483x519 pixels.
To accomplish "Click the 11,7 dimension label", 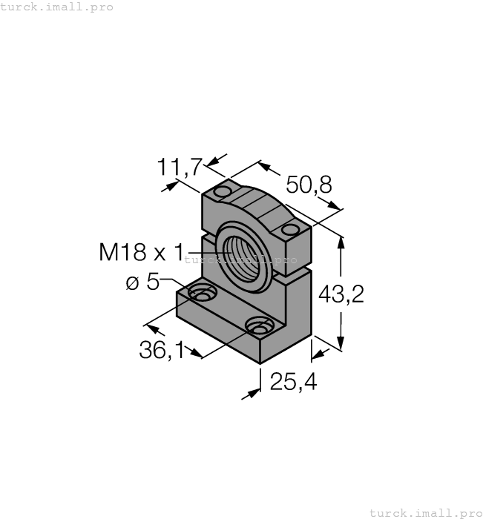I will [179, 168].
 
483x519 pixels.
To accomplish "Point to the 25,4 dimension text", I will [293, 382].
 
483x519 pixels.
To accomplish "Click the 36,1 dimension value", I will [162, 350].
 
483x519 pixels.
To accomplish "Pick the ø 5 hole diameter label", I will [142, 282].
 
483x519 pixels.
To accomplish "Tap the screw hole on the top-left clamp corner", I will [222, 193].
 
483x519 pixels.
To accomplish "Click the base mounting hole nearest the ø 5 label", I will [201, 296].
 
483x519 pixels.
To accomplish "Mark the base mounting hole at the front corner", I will [258, 326].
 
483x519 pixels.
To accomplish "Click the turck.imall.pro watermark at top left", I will [57, 7].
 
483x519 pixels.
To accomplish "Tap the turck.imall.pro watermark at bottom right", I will [425, 512].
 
